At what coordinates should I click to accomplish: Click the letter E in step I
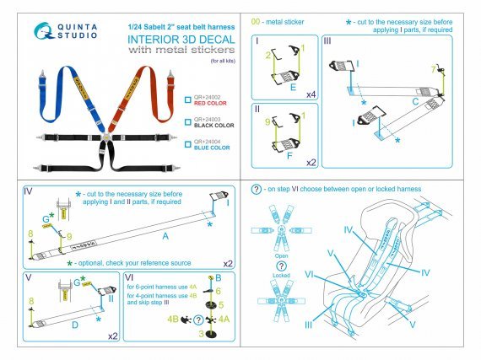[x=291, y=85]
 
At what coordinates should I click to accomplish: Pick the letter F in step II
[x=291, y=157]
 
